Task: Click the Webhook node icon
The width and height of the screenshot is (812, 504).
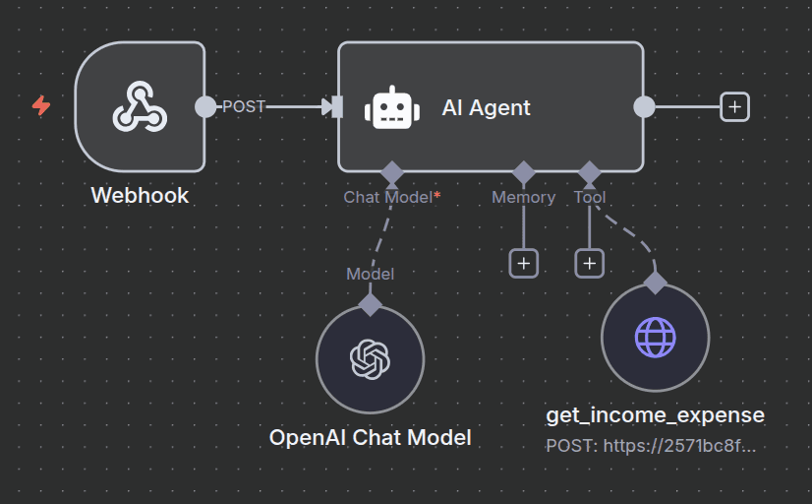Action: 140,106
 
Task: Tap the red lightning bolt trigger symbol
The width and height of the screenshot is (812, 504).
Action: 41,105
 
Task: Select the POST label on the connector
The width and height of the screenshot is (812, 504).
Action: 244,106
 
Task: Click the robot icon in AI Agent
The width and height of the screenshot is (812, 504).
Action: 392,107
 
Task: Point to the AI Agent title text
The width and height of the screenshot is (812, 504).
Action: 486,108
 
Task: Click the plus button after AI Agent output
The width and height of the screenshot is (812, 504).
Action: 734,106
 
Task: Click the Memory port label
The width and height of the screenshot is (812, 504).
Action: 523,197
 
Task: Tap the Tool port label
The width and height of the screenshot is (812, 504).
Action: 590,197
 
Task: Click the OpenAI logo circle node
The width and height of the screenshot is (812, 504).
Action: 370,359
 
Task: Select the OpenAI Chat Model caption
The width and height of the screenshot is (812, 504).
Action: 371,437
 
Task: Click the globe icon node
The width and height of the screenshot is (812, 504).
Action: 655,338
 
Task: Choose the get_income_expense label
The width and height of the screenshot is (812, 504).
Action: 655,415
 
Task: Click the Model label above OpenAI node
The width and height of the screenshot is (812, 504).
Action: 370,274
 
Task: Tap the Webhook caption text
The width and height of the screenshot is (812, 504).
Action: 140,195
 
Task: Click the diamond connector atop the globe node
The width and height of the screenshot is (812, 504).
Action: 655,283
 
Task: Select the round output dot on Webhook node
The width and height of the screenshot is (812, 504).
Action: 205,106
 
